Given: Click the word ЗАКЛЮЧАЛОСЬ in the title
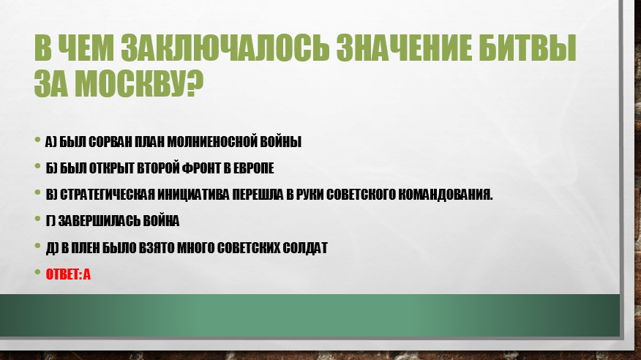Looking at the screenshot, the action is pos(225,48).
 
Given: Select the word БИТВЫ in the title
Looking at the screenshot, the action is pos(527,48).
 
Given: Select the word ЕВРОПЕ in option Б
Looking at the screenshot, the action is pos(253,168).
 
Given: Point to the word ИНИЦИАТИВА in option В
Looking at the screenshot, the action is pos(193,195).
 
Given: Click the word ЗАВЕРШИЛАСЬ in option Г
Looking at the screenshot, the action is pos(99,221).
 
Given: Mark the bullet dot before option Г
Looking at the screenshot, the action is pos(37,219).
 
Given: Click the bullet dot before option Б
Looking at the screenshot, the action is pos(37,166).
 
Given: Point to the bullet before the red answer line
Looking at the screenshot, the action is pos(37,271).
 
